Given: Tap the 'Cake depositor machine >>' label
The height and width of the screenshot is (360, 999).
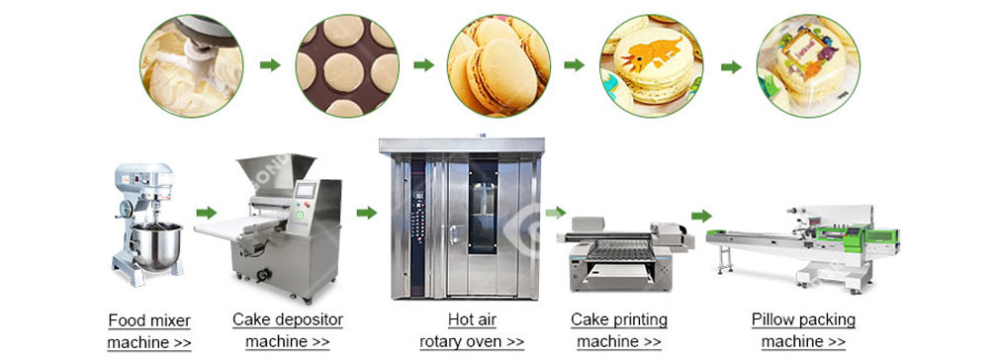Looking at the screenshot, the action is pyautogui.click(x=287, y=330).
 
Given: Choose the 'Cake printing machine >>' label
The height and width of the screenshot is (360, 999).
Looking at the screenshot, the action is pyautogui.click(x=618, y=330).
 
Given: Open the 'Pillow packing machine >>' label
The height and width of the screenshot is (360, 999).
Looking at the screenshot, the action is pyautogui.click(x=802, y=330).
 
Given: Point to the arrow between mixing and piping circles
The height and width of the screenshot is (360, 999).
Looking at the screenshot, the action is pyautogui.click(x=269, y=65).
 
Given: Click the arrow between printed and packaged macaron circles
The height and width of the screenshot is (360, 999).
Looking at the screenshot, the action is pyautogui.click(x=731, y=66).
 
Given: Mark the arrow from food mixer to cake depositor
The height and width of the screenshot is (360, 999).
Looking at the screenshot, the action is pyautogui.click(x=207, y=212).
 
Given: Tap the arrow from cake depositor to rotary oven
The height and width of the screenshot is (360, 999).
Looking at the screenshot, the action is pyautogui.click(x=367, y=212).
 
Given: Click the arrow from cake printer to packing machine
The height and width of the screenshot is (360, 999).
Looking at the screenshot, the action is pyautogui.click(x=701, y=215).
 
